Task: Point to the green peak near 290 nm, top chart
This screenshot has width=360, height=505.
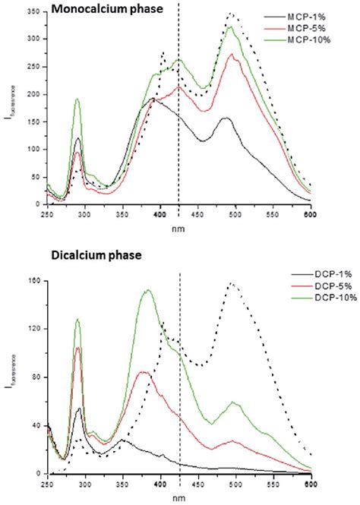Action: (x=77, y=99)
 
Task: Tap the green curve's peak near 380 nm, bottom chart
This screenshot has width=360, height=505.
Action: (x=147, y=289)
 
